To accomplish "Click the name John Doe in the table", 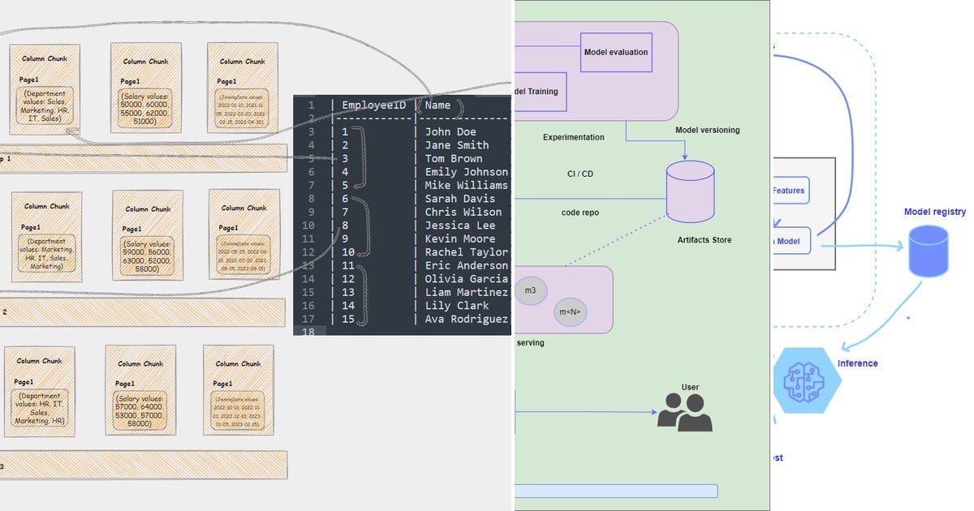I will pyautogui.click(x=450, y=131).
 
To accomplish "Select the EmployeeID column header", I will pyautogui.click(x=373, y=105).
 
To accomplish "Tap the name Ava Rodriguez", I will pyautogui.click(x=466, y=319).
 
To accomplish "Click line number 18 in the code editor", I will pyautogui.click(x=308, y=332).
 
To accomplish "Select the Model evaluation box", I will pyautogui.click(x=616, y=52).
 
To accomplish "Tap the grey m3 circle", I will pyautogui.click(x=530, y=290).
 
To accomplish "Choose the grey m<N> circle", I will pyautogui.click(x=571, y=311).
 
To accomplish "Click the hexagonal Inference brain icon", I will pyautogui.click(x=801, y=380).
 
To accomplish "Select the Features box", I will pyautogui.click(x=788, y=191).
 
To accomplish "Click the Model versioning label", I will pyautogui.click(x=707, y=130).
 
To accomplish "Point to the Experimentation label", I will pyautogui.click(x=573, y=137).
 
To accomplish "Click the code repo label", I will pyautogui.click(x=580, y=213).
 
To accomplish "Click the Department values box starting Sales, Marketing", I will pyautogui.click(x=45, y=106).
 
